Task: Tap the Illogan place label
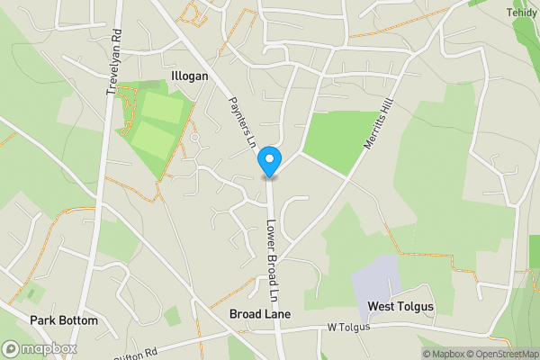(x=188, y=76)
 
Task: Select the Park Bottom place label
(x=63, y=320)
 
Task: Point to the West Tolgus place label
(x=400, y=307)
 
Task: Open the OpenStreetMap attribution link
(x=501, y=354)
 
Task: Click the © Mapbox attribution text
(x=442, y=354)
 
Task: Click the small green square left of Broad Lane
(x=172, y=315)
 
